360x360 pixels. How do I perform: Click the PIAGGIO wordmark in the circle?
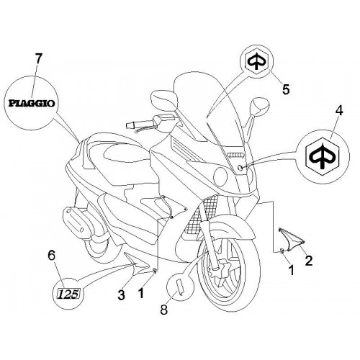coord(32,104)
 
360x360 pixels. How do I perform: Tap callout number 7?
coord(39,59)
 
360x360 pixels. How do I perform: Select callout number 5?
coord(286,89)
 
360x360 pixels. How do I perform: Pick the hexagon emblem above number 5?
coord(256,60)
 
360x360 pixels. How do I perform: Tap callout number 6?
coord(52,256)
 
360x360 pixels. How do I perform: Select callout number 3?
coord(121,294)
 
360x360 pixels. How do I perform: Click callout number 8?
coord(163,309)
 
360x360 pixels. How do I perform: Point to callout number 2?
coord(308,261)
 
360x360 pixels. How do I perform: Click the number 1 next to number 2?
coord(292,270)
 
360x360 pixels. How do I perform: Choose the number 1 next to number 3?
coord(141,293)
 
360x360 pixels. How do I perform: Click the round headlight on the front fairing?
coord(220,176)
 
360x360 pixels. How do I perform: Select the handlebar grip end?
coord(131,125)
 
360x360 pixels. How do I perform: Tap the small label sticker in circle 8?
coord(179,287)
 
